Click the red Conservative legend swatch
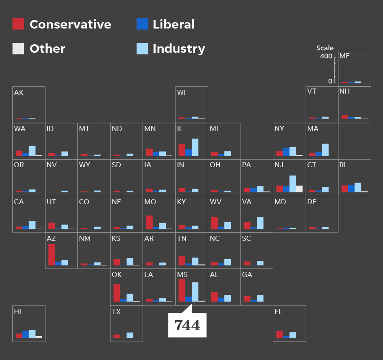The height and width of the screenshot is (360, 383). click(x=18, y=24)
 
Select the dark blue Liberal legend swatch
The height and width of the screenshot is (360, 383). click(x=142, y=24)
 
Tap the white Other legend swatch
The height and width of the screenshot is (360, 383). click(x=18, y=49)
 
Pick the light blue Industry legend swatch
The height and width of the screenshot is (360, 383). click(x=142, y=49)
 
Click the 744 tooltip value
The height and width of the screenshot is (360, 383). click(x=187, y=326)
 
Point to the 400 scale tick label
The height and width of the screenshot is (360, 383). click(x=326, y=57)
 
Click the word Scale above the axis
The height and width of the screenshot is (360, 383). click(x=325, y=48)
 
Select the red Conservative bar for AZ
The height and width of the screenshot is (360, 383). click(x=51, y=254)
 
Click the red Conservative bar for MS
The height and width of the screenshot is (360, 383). click(x=182, y=290)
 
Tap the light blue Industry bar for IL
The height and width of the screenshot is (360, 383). click(x=195, y=147)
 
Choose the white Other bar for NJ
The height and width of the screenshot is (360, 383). click(x=299, y=189)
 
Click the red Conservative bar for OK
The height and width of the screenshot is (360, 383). click(x=117, y=293)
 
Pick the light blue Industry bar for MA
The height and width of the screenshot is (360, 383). click(x=325, y=150)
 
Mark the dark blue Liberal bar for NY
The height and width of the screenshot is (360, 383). click(x=286, y=152)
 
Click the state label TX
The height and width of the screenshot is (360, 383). click(x=116, y=312)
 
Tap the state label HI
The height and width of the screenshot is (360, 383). click(x=18, y=312)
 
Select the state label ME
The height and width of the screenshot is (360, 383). click(x=345, y=56)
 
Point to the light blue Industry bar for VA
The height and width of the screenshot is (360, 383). click(x=260, y=223)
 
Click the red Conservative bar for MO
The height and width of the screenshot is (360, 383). click(x=150, y=222)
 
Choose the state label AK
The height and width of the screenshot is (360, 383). click(x=19, y=93)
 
